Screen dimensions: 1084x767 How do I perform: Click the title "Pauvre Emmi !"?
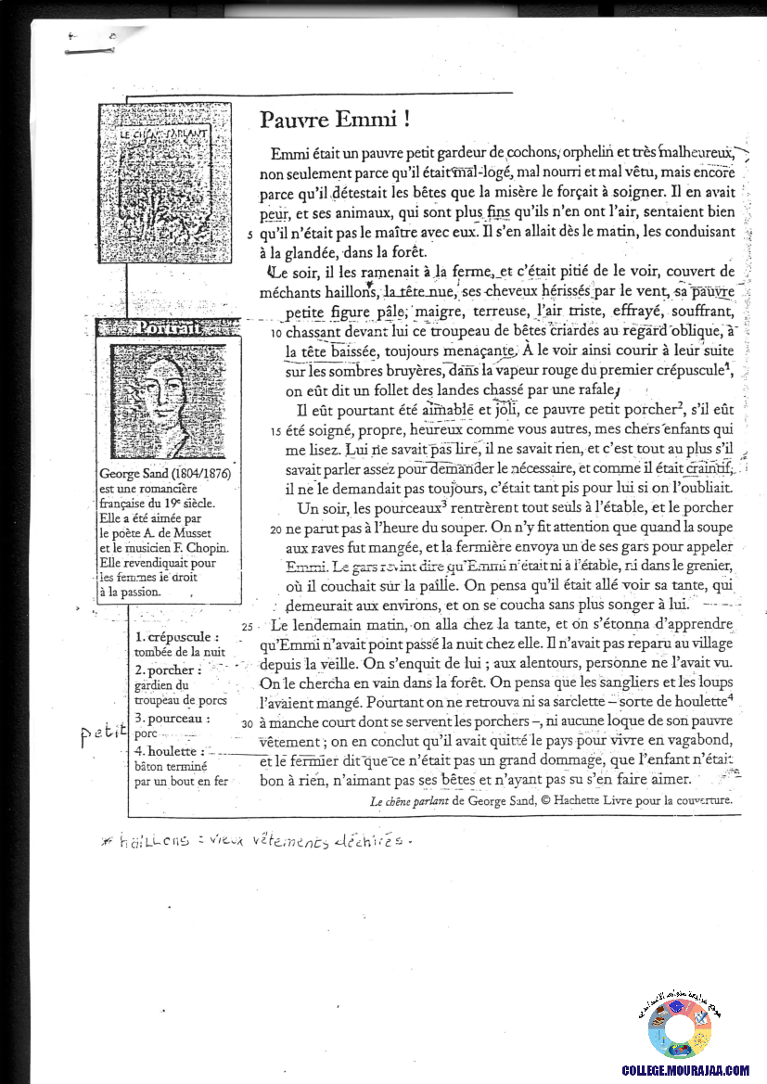335,121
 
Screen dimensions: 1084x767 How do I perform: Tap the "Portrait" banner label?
166,327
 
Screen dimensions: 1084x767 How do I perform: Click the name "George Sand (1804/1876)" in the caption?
163,475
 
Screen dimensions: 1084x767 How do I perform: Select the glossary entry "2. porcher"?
168,670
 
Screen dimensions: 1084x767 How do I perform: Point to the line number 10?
277,333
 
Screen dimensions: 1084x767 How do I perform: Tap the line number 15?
276,431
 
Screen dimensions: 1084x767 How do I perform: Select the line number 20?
275,530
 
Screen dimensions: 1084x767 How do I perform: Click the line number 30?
247,721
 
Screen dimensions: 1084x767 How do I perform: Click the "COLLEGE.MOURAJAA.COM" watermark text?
688,1070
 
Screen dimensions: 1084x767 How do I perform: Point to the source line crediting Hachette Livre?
551,799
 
